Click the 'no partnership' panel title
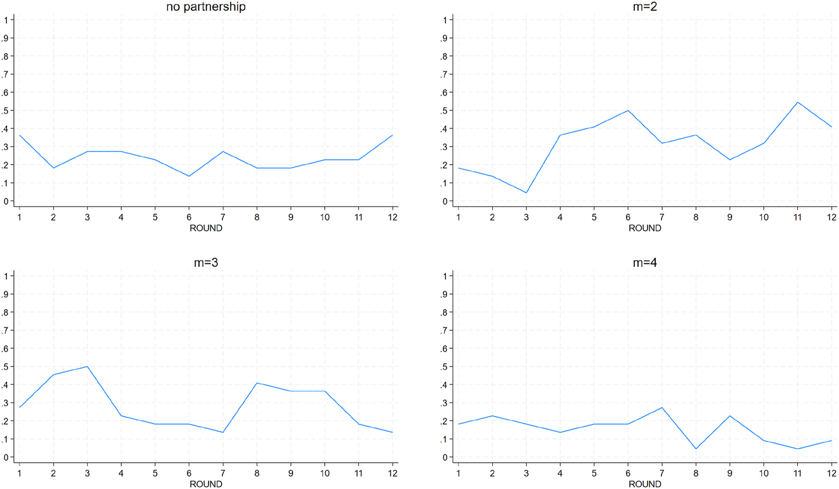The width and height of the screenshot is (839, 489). click(x=205, y=8)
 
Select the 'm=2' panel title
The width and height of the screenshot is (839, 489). click(x=645, y=8)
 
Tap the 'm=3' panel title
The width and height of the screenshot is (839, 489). click(x=205, y=263)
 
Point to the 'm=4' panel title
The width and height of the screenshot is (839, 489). click(x=645, y=263)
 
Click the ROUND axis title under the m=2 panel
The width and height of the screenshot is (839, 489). click(x=645, y=228)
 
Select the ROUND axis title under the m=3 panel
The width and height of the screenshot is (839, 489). click(x=206, y=484)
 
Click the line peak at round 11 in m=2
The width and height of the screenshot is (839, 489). click(x=798, y=102)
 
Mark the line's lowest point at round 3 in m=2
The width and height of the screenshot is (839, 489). click(x=526, y=193)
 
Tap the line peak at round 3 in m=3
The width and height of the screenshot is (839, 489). click(x=87, y=367)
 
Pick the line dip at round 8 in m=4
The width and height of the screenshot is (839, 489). click(x=662, y=449)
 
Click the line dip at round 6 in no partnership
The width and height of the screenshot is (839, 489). click(x=189, y=176)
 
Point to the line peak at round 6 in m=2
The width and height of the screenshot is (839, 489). click(x=628, y=110)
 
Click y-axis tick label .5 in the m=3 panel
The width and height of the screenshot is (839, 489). click(x=6, y=367)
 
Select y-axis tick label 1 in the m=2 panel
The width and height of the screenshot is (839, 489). click(x=447, y=20)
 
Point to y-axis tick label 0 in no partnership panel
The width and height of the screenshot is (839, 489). click(x=6, y=202)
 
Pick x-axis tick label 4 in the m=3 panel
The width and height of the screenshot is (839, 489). click(x=121, y=473)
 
